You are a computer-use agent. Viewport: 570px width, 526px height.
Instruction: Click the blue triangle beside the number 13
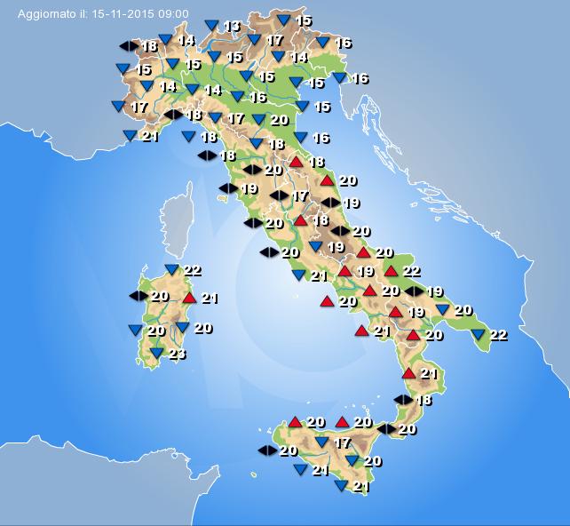(x=210, y=26)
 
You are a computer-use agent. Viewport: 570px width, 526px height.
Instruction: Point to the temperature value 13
(x=231, y=26)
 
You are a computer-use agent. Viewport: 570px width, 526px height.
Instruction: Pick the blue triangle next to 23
(x=155, y=354)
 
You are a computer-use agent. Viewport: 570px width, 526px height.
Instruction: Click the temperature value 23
(x=178, y=354)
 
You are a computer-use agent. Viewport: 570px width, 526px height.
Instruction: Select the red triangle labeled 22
(x=391, y=271)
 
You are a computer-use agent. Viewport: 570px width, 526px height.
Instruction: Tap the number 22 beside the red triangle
(x=411, y=270)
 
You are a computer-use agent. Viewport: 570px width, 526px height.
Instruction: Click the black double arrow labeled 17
(x=279, y=195)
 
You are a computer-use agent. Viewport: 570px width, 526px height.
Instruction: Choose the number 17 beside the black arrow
(x=300, y=195)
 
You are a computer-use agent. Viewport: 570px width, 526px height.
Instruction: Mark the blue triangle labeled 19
(x=315, y=247)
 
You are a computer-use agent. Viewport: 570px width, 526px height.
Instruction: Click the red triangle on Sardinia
(x=188, y=298)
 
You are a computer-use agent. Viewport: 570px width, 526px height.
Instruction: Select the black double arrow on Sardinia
(x=139, y=295)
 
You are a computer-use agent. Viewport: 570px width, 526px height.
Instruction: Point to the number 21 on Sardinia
(x=210, y=298)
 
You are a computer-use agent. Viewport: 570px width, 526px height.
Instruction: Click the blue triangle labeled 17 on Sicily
(x=321, y=442)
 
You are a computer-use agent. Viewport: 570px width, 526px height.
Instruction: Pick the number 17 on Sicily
(x=342, y=442)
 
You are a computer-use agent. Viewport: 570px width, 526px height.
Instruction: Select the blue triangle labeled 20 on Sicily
(x=352, y=461)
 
